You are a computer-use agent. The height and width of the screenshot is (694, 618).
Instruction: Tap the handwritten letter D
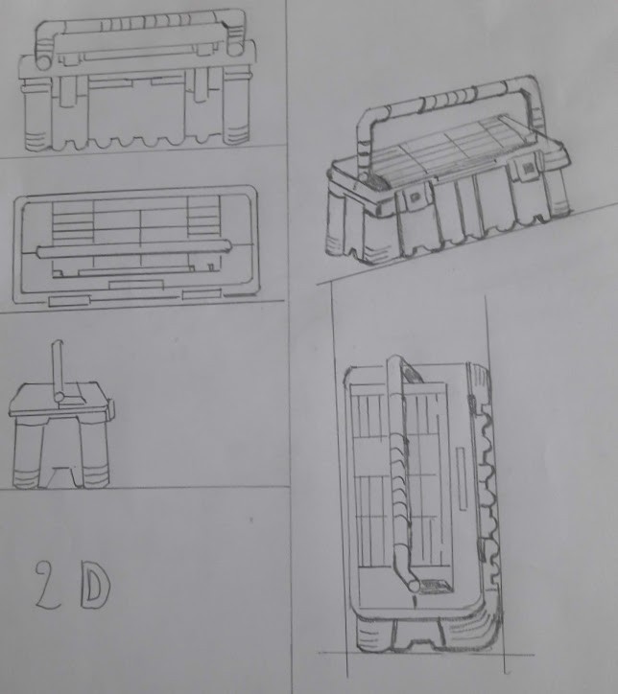coord(95,586)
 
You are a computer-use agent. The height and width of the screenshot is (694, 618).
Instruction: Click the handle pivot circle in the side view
coord(59,395)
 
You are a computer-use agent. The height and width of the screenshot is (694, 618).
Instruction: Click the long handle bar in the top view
coord(134,249)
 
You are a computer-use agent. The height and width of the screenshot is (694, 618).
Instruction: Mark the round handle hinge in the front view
coord(43,62)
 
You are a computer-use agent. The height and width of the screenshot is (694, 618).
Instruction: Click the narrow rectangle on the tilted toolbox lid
coord(462,478)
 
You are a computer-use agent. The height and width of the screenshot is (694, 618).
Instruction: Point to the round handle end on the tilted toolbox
coord(414,585)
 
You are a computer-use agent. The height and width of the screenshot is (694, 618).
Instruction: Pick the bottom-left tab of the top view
coord(70,301)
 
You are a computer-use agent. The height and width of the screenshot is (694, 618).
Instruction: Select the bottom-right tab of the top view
coord(202,294)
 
